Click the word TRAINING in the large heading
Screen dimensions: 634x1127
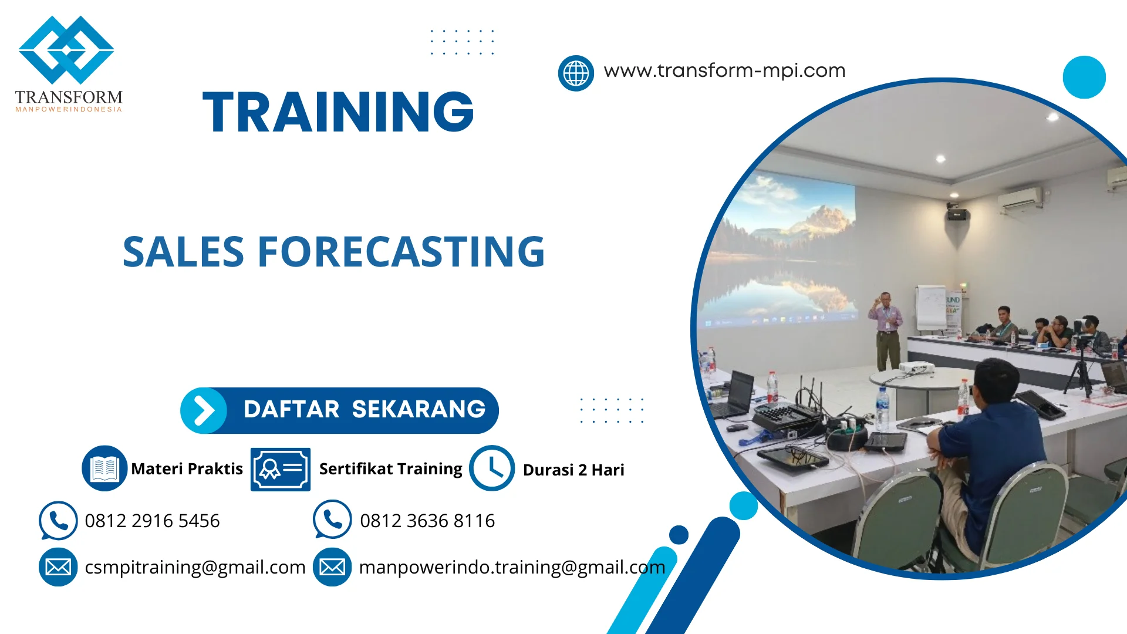click(338, 112)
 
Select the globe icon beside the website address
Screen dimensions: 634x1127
click(576, 73)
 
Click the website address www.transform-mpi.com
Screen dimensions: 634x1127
click(724, 70)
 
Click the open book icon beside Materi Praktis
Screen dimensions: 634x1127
click(104, 468)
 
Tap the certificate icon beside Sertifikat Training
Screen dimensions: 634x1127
click(280, 469)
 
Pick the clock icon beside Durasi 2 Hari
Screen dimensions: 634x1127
click(492, 468)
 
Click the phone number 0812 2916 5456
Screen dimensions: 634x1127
click(152, 521)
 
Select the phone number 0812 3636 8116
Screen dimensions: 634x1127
click(427, 521)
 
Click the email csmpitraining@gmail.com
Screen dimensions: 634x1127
click(195, 567)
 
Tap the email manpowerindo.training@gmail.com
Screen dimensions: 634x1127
click(512, 567)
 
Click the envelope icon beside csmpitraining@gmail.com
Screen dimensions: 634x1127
click(58, 567)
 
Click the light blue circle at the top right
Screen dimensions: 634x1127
click(1084, 77)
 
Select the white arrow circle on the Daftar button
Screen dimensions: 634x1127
click(204, 410)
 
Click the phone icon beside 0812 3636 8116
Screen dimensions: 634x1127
click(332, 520)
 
